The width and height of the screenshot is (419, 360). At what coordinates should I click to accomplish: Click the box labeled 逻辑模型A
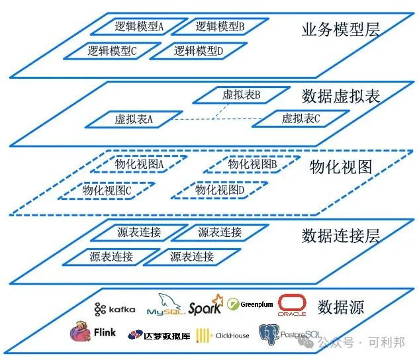click(x=138, y=27)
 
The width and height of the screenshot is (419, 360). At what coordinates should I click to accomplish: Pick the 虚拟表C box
click(x=301, y=119)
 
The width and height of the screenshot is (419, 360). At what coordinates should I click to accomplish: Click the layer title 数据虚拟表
click(x=340, y=96)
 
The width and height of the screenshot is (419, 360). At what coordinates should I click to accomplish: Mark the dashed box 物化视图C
click(x=107, y=190)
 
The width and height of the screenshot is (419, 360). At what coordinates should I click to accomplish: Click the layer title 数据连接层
click(x=340, y=236)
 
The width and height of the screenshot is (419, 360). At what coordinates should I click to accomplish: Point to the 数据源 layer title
click(x=340, y=307)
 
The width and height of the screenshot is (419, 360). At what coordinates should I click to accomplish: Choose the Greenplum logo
click(x=250, y=305)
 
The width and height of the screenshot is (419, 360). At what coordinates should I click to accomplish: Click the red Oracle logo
click(x=292, y=305)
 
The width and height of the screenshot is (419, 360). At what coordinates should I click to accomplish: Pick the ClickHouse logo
click(x=223, y=336)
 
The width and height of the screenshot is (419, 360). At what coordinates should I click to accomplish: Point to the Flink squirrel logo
click(x=92, y=333)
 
